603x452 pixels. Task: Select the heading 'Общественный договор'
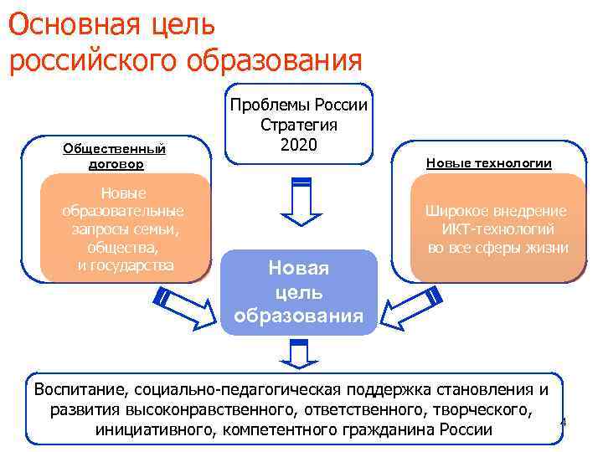(114, 157)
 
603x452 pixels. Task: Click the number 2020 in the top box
(299, 144)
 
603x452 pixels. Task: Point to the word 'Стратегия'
(299, 125)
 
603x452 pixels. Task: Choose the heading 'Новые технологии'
(488, 163)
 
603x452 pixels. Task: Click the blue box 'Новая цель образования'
(299, 292)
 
